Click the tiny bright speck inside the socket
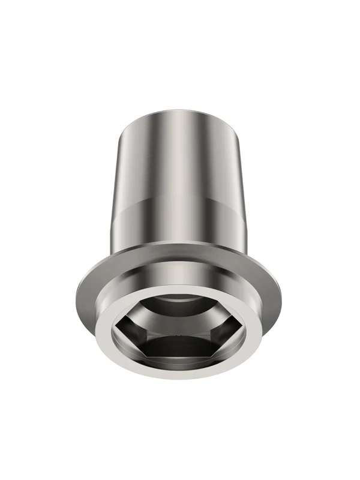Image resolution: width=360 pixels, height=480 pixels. pos(180,331)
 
